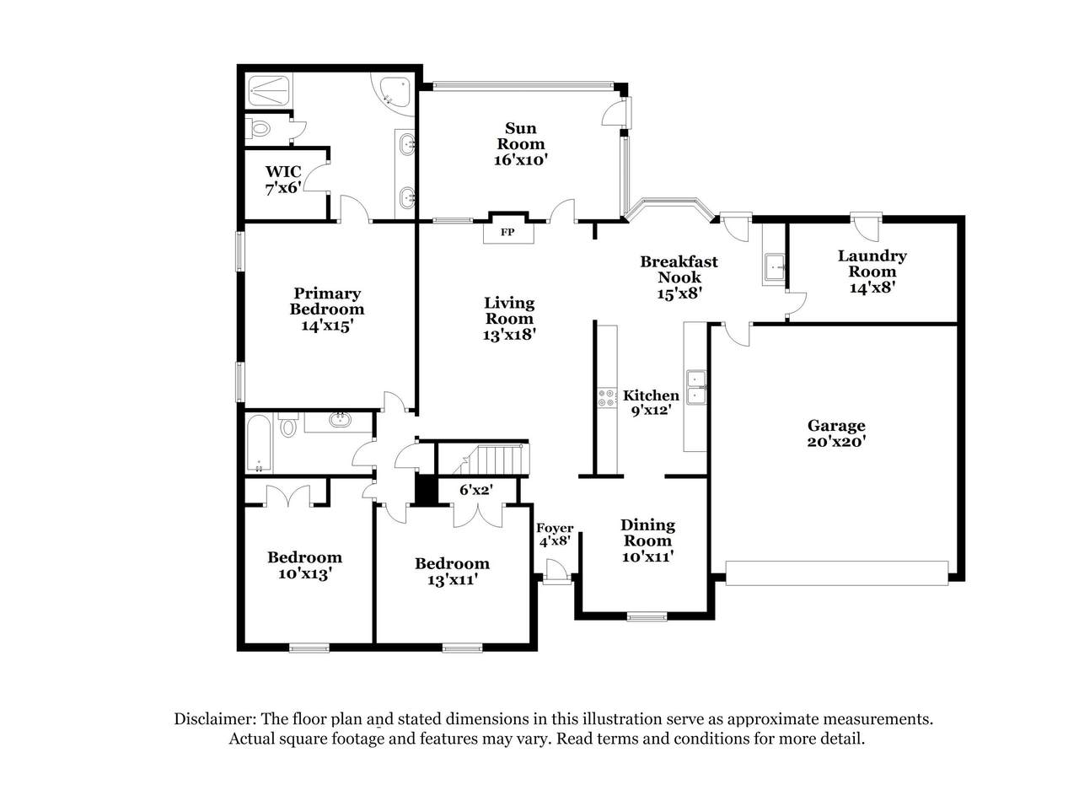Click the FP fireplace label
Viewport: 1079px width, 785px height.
[507, 232]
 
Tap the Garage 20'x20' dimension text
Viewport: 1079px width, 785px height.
[837, 441]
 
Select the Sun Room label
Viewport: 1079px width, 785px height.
[520, 136]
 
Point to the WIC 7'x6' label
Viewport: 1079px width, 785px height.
[283, 180]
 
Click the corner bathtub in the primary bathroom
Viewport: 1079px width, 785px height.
[394, 94]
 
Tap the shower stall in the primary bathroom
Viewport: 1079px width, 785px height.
[269, 91]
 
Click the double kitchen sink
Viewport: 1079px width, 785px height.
[695, 387]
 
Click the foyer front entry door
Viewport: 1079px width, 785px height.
[557, 572]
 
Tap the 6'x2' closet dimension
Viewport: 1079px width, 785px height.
[476, 490]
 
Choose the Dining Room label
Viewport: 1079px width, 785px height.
[647, 533]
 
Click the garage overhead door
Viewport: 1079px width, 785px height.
[837, 573]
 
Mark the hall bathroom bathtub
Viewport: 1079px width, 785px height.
[259, 444]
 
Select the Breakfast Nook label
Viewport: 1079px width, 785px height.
[679, 269]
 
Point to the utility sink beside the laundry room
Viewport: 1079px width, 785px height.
[774, 266]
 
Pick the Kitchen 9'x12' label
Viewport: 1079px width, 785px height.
[651, 403]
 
